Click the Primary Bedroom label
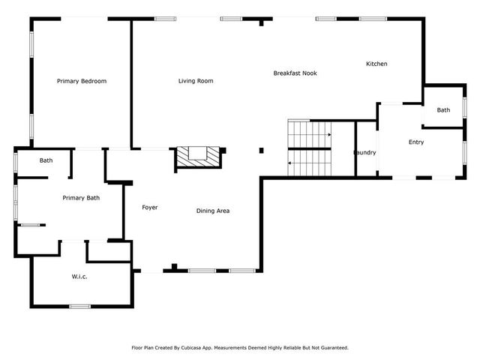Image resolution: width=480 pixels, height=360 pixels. tap(82, 81)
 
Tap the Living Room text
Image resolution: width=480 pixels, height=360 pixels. tap(196, 81)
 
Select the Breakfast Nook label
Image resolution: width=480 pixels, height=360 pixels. tap(295, 73)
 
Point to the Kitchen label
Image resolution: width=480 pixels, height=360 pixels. tap(376, 64)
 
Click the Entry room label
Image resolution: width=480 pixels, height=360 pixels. tap(415, 142)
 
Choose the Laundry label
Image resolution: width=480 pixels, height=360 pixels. tap(365, 153)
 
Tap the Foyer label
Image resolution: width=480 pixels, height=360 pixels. tap(150, 207)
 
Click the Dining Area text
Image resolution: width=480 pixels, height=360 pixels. tap(213, 211)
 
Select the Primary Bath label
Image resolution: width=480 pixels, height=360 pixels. tap(81, 198)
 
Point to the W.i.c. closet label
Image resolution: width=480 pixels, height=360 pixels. tap(80, 277)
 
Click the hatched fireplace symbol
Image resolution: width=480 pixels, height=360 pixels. tap(199, 157)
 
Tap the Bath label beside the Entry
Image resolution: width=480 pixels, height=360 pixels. tap(443, 110)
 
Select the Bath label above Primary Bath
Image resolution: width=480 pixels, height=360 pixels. tap(46, 160)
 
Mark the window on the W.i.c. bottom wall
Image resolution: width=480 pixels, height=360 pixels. tap(79, 306)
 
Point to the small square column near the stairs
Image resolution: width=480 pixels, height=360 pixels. tap(261, 151)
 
